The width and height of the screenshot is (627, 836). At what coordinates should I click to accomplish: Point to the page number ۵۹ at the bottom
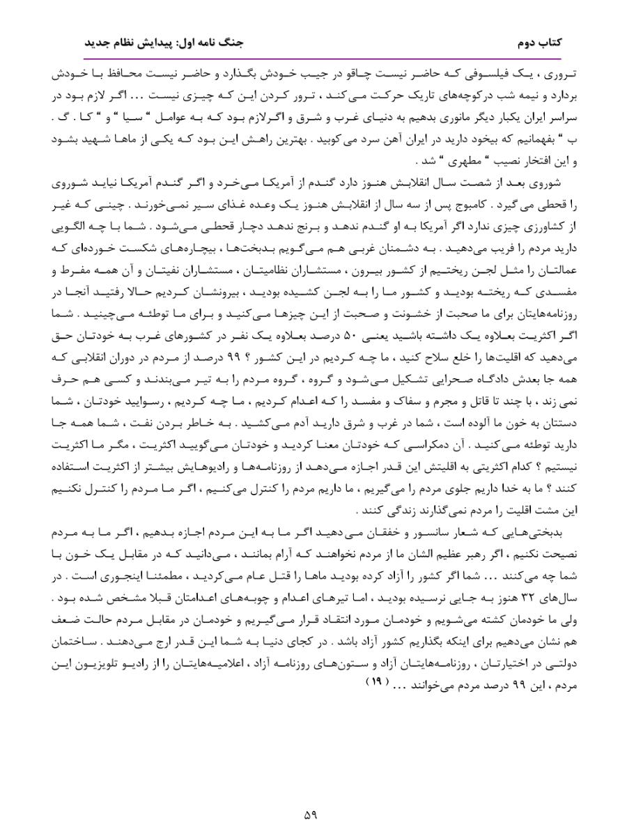coord(311,812)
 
